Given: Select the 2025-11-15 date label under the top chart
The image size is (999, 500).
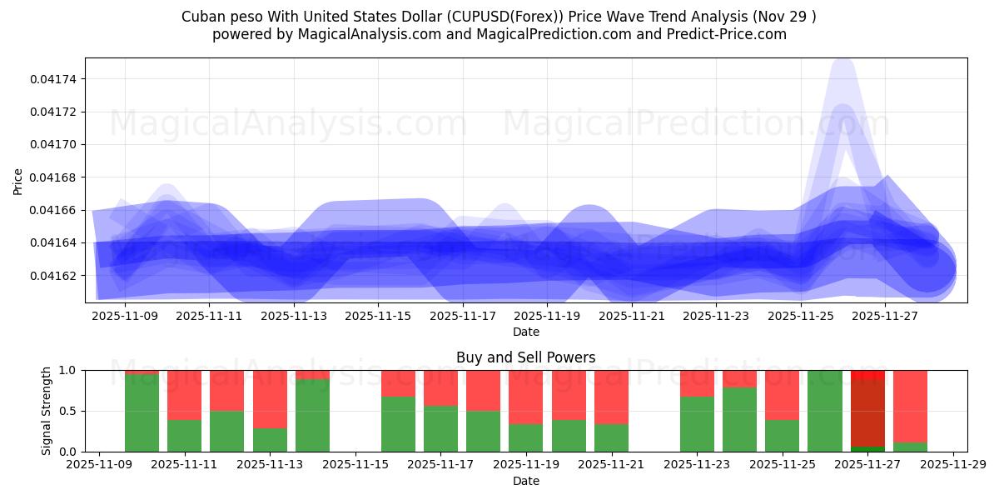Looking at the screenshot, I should coord(378,317).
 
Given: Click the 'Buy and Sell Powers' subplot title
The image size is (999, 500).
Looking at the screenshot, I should coord(525,357).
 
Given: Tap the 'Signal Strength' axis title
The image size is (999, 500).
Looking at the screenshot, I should coord(47,411).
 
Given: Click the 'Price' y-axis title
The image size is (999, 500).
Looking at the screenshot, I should coord(18,181).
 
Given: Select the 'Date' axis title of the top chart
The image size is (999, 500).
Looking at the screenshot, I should coord(525,332).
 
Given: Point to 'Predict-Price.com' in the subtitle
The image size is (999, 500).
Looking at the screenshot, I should coord(730,34).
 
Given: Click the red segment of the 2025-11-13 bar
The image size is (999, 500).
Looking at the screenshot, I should coord(270,398).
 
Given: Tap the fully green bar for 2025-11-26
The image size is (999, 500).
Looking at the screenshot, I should coord(825,411).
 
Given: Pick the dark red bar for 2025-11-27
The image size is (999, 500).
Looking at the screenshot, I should coord(867,412).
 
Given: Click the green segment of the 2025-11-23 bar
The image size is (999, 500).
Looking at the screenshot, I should coord(697,423).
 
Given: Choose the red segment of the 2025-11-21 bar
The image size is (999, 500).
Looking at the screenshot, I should coord(611,397).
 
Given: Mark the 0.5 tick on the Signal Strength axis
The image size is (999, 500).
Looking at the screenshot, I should coord(70,411).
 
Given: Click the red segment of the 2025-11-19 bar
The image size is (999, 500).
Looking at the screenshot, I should coord(526,397).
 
